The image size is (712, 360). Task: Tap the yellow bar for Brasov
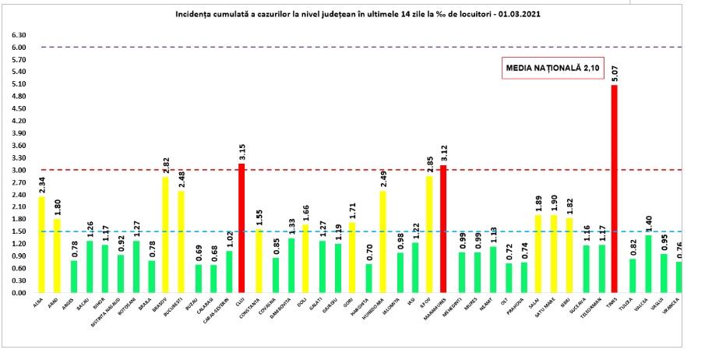pyautogui.click(x=165, y=235)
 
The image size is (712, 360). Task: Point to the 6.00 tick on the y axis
pyautogui.click(x=19, y=48)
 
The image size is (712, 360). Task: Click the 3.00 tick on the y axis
pyautogui.click(x=19, y=170)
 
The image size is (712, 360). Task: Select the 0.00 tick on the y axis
pyautogui.click(x=19, y=293)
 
